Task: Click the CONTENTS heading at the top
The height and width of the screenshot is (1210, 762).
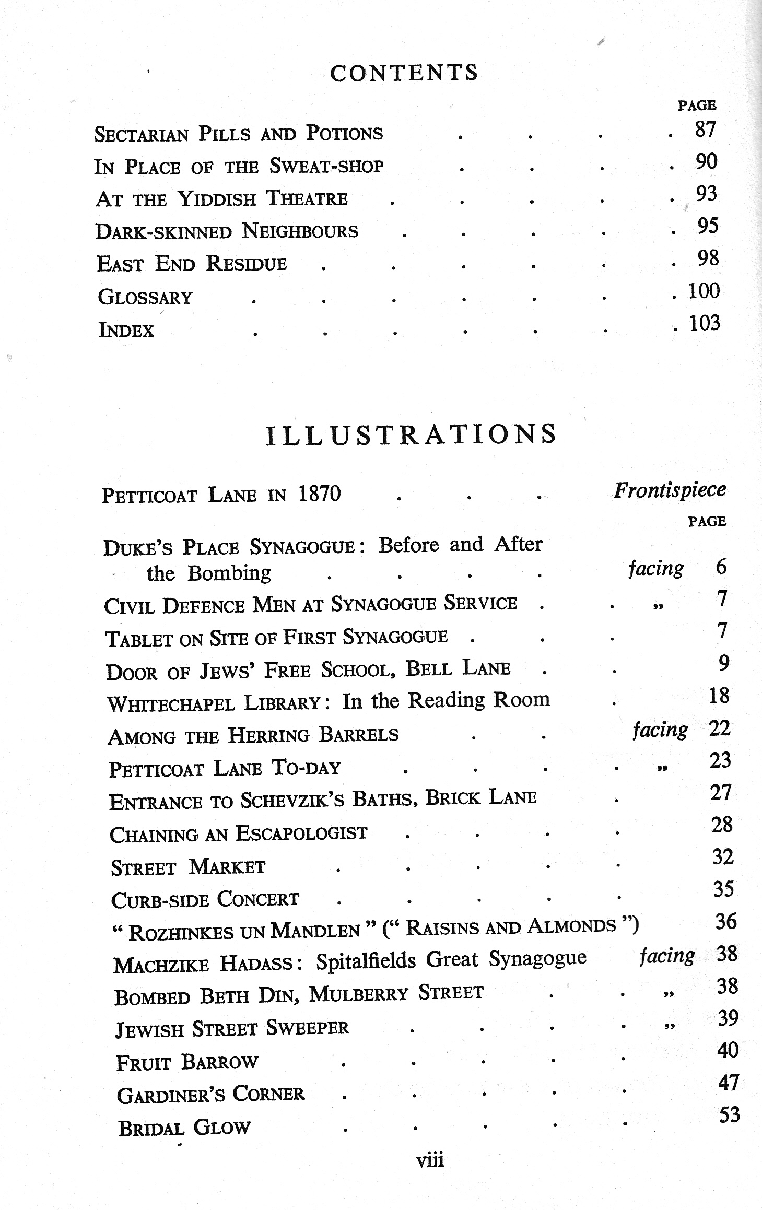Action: click(404, 73)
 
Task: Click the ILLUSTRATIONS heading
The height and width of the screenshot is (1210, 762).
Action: click(411, 434)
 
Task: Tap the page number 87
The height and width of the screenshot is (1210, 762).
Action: click(705, 129)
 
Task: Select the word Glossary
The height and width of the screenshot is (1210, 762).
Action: click(145, 297)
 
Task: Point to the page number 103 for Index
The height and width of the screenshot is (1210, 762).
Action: click(705, 323)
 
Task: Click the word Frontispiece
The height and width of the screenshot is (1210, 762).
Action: click(670, 490)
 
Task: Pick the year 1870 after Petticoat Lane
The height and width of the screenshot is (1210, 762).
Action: click(319, 494)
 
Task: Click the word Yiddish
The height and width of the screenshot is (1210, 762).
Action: click(217, 199)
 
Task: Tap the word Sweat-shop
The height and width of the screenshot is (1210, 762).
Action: click(326, 166)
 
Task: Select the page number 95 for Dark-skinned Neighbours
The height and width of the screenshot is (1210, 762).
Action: click(708, 226)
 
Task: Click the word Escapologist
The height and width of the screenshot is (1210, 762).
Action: click(301, 833)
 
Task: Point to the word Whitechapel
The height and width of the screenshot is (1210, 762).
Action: click(171, 703)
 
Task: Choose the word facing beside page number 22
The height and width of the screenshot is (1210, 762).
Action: click(660, 729)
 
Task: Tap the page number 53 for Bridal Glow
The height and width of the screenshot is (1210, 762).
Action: click(729, 1114)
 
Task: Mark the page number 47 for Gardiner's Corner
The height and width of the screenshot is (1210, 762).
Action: click(729, 1083)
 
